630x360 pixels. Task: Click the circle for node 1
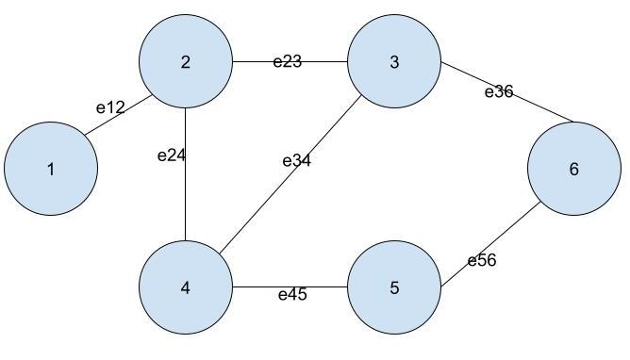(51, 170)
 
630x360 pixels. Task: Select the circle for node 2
(186, 62)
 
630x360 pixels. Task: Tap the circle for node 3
(394, 62)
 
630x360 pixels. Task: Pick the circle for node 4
(186, 287)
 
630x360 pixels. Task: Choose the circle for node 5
(394, 287)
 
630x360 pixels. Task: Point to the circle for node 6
(573, 170)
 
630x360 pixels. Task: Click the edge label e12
(110, 107)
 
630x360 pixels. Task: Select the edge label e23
(288, 62)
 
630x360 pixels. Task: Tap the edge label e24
(171, 155)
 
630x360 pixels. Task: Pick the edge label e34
(296, 160)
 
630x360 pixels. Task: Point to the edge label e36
(499, 91)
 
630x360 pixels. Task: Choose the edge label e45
(292, 295)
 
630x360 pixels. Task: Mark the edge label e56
(482, 261)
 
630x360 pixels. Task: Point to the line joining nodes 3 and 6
(542, 108)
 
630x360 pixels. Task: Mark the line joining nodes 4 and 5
(255, 287)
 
